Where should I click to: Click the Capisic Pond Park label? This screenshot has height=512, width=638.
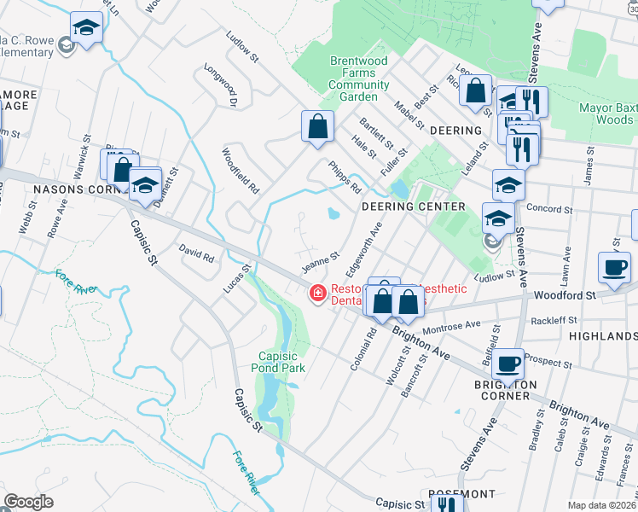coord(281,362)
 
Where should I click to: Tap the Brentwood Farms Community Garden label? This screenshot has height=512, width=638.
coord(359,79)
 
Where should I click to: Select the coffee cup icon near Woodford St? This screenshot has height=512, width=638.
coord(614,267)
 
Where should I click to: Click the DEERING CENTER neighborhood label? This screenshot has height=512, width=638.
coord(413,207)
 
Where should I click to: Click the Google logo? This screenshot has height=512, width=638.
coord(28,502)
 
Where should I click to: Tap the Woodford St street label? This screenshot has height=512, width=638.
coord(563,295)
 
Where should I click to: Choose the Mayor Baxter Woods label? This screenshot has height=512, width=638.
coord(606,114)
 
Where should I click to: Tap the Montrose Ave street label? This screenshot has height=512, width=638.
coord(452,327)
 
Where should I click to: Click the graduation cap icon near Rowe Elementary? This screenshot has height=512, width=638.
coord(85,29)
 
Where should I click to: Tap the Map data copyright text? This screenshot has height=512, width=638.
coord(602,504)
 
